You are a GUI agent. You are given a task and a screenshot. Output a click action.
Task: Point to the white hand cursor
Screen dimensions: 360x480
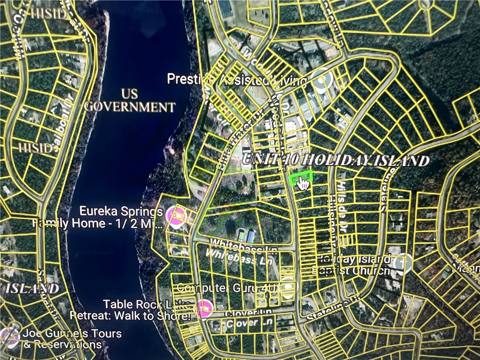click(303, 183)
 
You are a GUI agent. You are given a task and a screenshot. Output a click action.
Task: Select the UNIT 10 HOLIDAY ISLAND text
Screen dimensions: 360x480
click(336, 159)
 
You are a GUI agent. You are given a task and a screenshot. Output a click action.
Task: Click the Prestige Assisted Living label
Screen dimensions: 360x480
click(237, 80)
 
